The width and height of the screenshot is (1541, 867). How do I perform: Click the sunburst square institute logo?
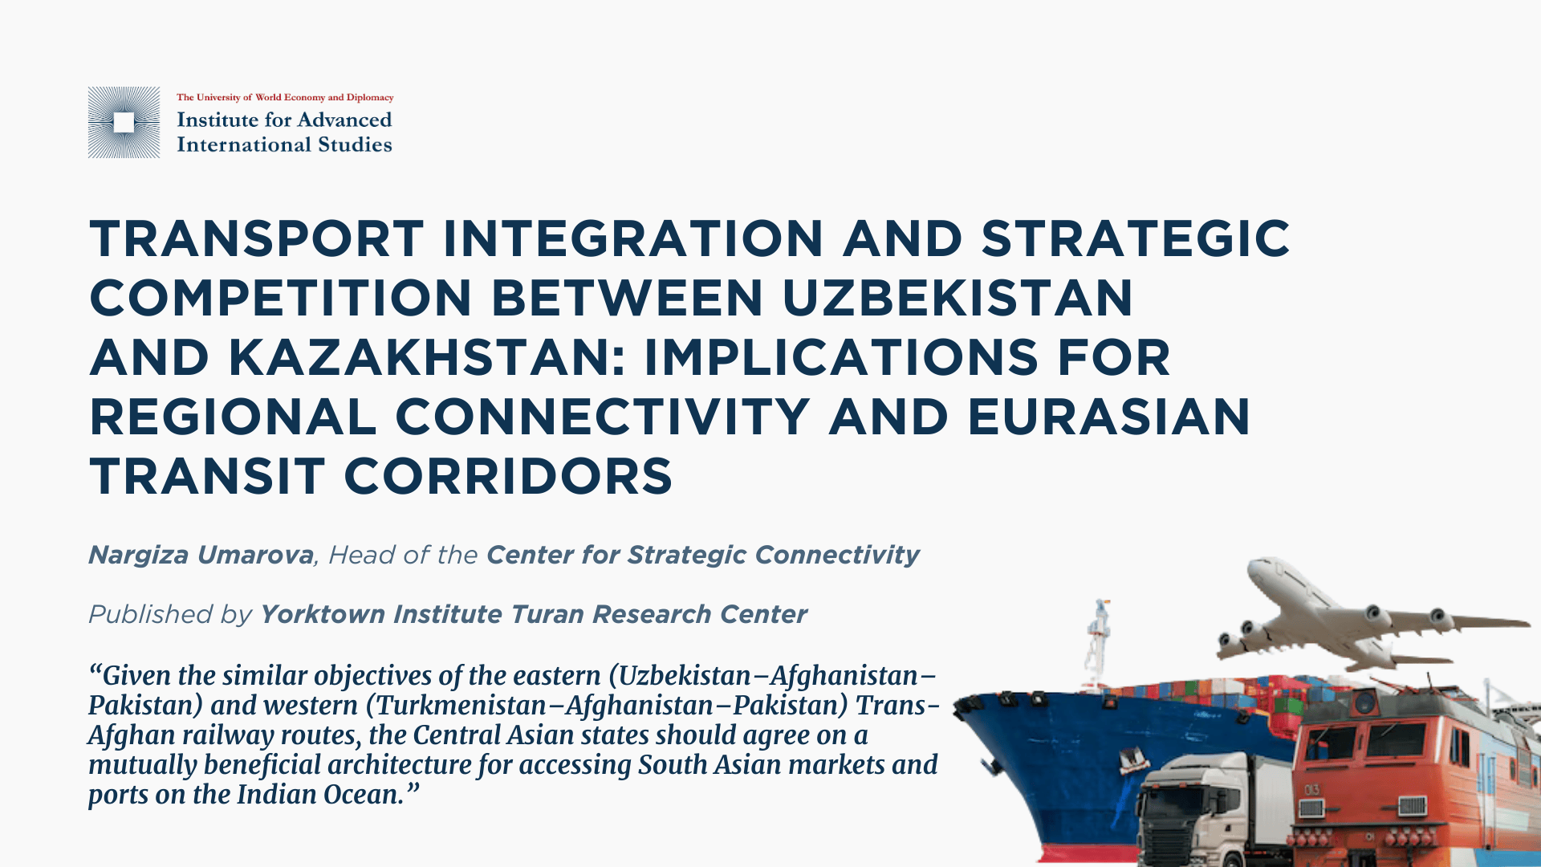click(124, 122)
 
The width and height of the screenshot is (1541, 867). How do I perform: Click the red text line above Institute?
click(285, 97)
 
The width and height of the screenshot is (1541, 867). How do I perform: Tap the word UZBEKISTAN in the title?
click(958, 298)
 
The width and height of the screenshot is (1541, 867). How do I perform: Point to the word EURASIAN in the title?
click(1109, 417)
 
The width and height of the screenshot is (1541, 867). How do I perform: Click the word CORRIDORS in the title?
click(509, 476)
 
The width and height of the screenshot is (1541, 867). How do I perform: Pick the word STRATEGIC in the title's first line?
click(1136, 238)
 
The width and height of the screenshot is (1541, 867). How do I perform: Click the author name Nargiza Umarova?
click(201, 555)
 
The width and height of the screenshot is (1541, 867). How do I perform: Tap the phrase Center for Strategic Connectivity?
click(702, 555)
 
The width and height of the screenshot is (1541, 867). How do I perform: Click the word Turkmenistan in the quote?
click(461, 705)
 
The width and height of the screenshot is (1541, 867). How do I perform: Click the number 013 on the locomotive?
click(1311, 790)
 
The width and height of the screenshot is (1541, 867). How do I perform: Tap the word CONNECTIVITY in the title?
click(602, 417)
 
